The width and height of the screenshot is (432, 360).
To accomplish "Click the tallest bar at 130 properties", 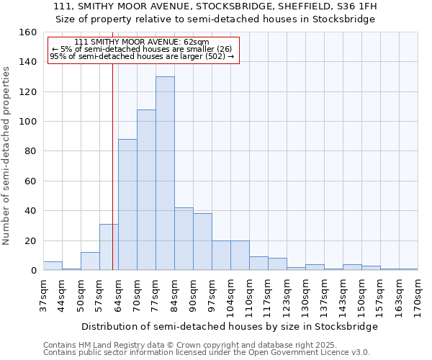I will point(165,174).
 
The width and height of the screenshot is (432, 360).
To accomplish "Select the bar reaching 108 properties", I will point(146,190).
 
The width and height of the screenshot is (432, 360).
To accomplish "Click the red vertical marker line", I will point(112,166).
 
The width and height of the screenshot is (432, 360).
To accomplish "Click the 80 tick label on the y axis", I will point(30,151).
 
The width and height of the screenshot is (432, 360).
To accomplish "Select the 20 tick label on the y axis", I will point(30,240).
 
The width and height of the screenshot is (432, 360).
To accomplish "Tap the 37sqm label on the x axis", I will point(43,295).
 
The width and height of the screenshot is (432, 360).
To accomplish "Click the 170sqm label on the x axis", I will point(418,295).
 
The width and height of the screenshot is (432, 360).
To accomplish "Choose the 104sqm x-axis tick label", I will point(230,295).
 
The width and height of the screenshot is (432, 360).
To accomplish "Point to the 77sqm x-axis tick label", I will point(156,295).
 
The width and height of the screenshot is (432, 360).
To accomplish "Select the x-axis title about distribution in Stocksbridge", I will point(230,326).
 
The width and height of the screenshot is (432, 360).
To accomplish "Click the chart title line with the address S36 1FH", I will point(215,6).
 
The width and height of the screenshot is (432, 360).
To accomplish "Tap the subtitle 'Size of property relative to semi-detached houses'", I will point(215,19).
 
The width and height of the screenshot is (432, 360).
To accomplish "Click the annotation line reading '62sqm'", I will point(142,42).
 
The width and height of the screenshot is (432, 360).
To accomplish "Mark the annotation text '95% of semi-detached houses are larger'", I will point(142,57).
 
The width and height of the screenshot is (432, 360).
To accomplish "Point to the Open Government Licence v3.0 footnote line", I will point(207,352).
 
